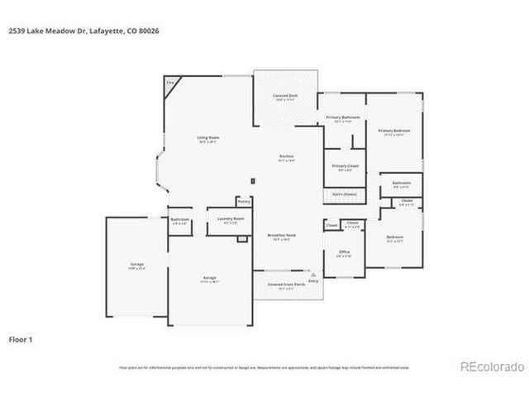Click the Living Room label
[207, 137]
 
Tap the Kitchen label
[287, 156]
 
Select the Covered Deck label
[285, 96]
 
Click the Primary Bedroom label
[394, 131]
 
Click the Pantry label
[243, 201]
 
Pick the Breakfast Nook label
[283, 236]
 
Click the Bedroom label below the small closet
[395, 237]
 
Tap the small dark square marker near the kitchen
[253, 180]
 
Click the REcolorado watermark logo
[491, 366]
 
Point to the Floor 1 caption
[21, 339]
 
